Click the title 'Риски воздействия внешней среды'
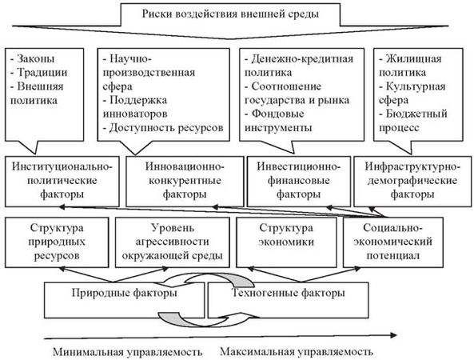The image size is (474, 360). click(230, 14)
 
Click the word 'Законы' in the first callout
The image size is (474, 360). click(36, 58)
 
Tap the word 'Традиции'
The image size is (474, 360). click(42, 72)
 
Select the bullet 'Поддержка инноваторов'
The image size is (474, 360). click(135, 106)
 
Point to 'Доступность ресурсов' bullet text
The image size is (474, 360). click(163, 128)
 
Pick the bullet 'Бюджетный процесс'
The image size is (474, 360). click(413, 121)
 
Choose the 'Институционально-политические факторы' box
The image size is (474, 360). click(62, 182)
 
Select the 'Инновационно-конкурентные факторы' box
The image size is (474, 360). click(185, 182)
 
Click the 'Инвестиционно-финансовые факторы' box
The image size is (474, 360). click(299, 182)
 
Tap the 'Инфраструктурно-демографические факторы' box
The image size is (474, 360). click(412, 182)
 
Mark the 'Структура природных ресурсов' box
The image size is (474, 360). click(57, 242)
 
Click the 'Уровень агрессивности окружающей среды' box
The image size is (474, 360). click(173, 242)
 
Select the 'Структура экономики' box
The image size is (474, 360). click(286, 242)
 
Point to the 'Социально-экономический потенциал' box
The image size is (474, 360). click(393, 242)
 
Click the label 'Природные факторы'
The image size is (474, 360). click(125, 293)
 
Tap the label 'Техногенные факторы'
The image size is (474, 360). click(288, 293)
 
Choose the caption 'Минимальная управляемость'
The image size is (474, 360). click(128, 352)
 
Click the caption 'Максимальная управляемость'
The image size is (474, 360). click(297, 351)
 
